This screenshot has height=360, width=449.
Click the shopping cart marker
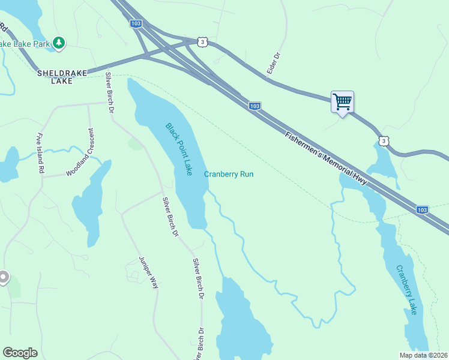point(342,102)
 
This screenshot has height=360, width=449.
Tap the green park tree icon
point(58,43)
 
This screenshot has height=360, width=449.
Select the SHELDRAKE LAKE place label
point(62,77)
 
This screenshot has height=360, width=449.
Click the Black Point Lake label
point(179,149)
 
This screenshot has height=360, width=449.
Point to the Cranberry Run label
point(229,174)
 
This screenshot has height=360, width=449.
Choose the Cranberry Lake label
point(406,290)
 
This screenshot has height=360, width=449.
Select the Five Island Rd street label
point(40,153)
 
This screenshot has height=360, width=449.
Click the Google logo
point(20,353)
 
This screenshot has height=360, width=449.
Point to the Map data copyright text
point(423,355)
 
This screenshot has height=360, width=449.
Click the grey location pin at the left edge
point(3,277)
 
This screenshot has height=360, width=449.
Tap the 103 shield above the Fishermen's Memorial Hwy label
point(255,106)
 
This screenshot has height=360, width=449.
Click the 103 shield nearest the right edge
point(422,209)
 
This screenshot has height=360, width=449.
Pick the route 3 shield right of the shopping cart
point(384,140)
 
